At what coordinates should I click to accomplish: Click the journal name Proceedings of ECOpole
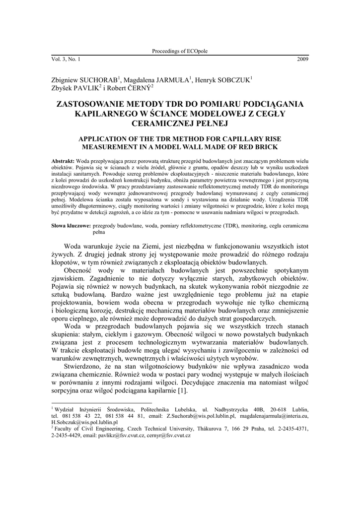pyautogui.click(x=180, y=51)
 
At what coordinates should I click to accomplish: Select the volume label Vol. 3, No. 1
pyautogui.click(x=66, y=60)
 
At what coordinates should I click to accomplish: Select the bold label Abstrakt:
pyautogui.click(x=64, y=162)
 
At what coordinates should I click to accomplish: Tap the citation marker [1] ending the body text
pyautogui.click(x=182, y=391)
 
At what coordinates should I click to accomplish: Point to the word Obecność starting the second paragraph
pyautogui.click(x=82, y=271)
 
